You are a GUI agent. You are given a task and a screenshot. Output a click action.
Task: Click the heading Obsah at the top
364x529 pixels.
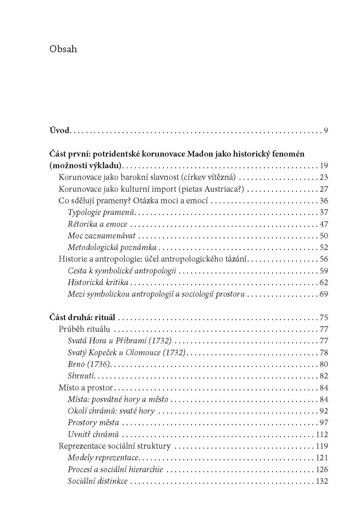coord(63,49)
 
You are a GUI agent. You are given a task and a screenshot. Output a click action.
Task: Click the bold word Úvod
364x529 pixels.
coord(59,130)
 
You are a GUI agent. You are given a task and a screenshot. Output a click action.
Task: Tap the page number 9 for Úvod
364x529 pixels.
coord(326,131)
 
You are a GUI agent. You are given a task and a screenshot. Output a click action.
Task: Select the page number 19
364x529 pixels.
coord(324,166)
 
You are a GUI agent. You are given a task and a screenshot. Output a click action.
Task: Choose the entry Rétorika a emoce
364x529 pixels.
coord(97,224)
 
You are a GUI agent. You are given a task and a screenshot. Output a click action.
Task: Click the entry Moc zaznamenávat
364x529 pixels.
coord(102,236)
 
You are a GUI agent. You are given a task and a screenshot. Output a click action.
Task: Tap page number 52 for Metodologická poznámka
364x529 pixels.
coord(324,247)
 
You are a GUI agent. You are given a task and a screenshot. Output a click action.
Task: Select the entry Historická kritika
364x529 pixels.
coord(98,282)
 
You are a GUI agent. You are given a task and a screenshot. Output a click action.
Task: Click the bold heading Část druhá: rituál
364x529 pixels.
coord(82,318)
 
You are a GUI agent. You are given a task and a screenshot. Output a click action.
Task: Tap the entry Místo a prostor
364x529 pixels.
coord(86,388)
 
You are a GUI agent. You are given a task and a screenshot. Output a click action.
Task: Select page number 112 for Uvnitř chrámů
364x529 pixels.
coord(322,434)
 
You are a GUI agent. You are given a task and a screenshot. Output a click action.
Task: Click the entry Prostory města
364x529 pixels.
coord(93,423)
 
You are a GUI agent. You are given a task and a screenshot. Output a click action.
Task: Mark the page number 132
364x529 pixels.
coord(322,481)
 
